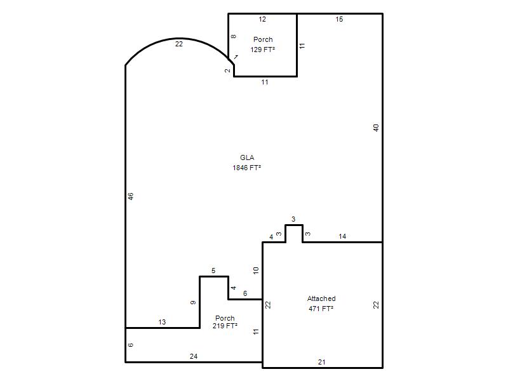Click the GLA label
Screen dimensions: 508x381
(x=247, y=157)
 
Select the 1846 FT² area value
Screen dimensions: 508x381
(x=247, y=168)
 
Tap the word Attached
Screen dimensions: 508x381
(x=321, y=298)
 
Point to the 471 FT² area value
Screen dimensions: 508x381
(x=321, y=309)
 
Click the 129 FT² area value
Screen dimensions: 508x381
(x=263, y=50)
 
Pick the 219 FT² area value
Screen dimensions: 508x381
(x=225, y=326)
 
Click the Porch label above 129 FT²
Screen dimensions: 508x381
(x=263, y=39)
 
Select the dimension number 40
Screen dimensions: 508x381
(x=376, y=128)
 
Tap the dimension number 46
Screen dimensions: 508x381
(x=131, y=196)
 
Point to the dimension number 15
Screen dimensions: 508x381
(x=339, y=20)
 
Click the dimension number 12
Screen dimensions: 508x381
(x=262, y=20)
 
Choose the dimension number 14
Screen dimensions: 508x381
(x=342, y=236)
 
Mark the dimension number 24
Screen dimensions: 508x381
(x=194, y=356)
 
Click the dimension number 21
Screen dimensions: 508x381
(x=322, y=362)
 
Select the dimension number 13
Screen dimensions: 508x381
(x=162, y=322)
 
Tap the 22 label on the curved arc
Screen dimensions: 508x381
(x=179, y=44)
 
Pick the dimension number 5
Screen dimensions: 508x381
(x=213, y=271)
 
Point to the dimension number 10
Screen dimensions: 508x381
(x=256, y=271)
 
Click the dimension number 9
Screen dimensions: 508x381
(x=193, y=303)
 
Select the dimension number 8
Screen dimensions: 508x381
(x=233, y=37)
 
